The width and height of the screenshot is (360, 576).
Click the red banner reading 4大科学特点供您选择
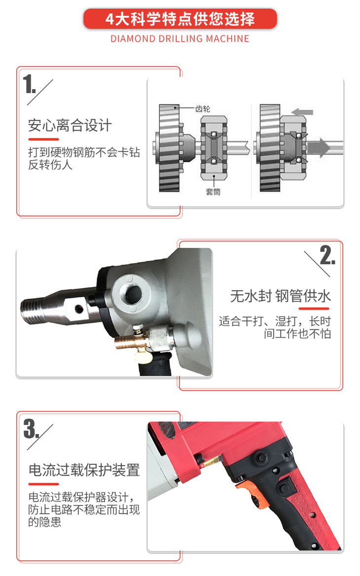180,19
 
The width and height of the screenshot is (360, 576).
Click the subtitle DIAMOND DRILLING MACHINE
180,38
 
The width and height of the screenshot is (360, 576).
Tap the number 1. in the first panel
30,84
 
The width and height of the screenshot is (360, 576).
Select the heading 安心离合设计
70,125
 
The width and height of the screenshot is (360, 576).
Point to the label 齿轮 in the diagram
203,109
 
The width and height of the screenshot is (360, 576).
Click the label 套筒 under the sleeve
213,191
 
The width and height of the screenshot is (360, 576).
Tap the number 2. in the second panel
327,255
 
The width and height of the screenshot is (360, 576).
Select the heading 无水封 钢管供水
281,296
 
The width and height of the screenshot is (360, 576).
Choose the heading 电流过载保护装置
84,470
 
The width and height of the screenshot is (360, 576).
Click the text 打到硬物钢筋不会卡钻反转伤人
84,158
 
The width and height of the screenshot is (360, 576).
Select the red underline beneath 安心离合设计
44,139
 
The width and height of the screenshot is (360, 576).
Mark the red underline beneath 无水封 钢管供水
314,308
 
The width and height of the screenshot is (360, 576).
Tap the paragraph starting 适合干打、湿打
275,327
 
